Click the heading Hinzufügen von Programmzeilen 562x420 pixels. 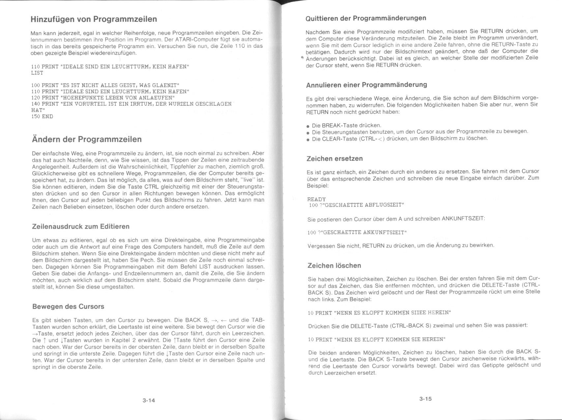pos(94,19)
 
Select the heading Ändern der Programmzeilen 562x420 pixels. pos(87,139)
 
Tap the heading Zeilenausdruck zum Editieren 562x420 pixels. pos(81,227)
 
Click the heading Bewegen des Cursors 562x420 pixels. pos(68,307)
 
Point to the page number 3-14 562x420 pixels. pos(149,401)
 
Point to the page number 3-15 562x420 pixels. pos(425,399)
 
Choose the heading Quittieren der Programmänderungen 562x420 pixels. pos(366,18)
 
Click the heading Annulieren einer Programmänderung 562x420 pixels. pos(367,85)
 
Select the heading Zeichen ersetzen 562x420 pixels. pos(335,159)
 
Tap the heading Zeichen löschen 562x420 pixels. pos(334,266)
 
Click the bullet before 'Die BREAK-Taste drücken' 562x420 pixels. pos(308,126)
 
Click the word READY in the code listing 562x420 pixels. pos(316,199)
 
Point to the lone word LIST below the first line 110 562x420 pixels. pos(37,73)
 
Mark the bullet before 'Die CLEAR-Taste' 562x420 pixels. pos(308,140)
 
